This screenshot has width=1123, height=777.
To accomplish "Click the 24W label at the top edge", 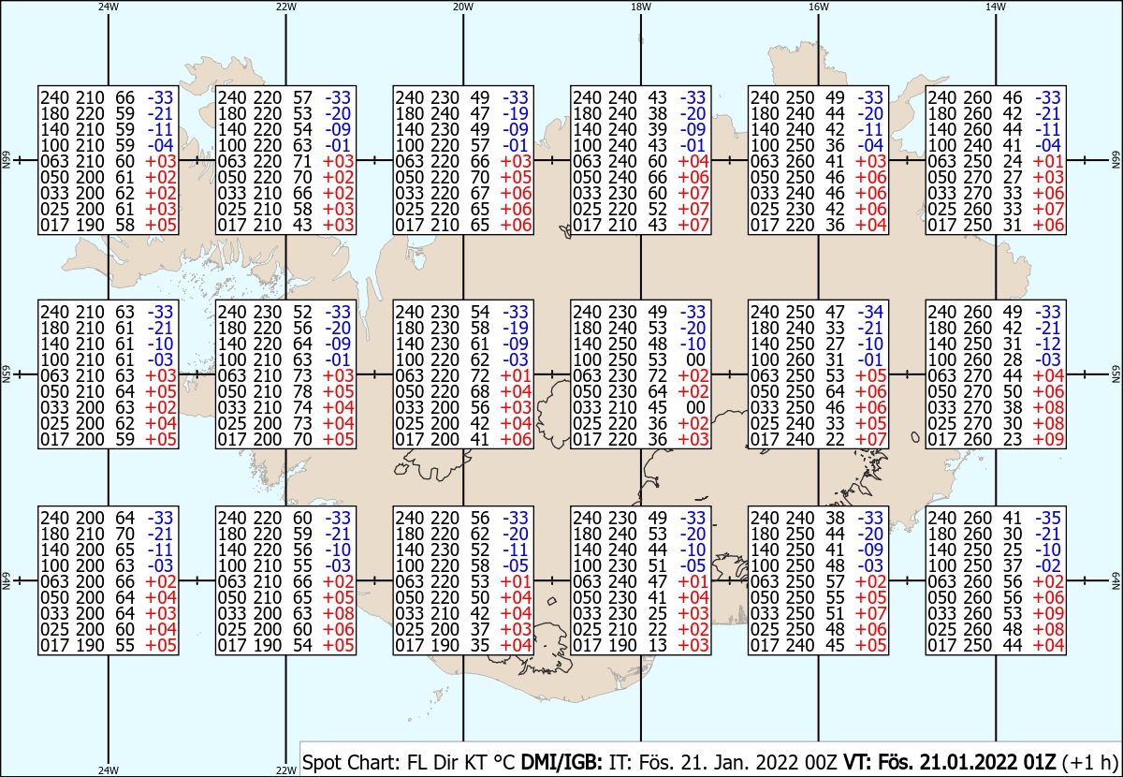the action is coord(109,7).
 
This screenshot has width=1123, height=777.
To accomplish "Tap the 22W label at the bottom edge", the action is coord(285,770).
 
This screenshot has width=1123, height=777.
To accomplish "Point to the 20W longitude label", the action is coord(463,7).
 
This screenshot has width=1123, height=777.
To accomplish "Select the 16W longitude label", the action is coord(819,7).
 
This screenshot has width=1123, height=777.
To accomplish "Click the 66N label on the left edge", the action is coord(6,160).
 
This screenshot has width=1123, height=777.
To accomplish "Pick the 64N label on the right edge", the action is coord(1116,580).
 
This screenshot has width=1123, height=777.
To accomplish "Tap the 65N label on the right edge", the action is coord(1116,374).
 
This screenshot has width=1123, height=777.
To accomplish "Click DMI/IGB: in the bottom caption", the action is coord(561,762).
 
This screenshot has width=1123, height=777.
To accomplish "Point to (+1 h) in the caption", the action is coord(1089,762).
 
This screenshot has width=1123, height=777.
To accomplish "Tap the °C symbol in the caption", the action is coord(503,762).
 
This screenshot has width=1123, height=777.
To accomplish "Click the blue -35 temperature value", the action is coord(1048,518).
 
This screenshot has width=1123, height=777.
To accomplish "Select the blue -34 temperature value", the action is coord(871,312).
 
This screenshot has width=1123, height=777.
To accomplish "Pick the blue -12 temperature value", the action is coord(1048,344).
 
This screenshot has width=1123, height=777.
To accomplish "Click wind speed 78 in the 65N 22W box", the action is coord(302,391).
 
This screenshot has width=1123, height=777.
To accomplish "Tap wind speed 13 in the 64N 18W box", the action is coord(657,645).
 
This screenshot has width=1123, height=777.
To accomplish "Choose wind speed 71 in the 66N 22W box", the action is coord(302,161).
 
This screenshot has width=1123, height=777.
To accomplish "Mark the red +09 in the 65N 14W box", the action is coord(1048,439).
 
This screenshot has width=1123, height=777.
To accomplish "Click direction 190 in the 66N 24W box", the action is coord(90,225).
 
